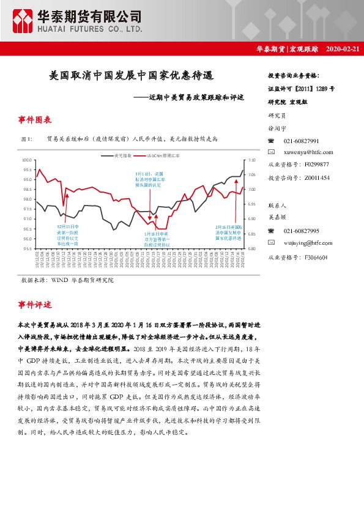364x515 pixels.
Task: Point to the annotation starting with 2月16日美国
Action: pos(229,232)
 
